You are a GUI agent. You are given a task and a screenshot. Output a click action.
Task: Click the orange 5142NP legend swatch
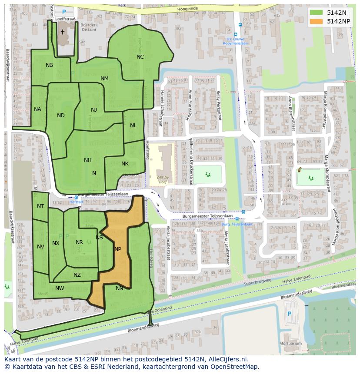pos(317,21)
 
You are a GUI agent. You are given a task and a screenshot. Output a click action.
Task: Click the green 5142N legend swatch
pos(317,13)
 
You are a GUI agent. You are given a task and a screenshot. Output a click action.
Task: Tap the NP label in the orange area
pos(117,249)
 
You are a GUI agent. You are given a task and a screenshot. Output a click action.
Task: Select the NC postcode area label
pos(140,57)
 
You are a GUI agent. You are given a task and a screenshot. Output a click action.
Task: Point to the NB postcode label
pos(49,65)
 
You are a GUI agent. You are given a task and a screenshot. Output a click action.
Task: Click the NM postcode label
pos(104,79)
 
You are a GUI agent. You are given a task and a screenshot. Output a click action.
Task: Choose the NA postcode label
pos(37,109)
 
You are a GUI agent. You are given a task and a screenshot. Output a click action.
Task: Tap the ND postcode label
pos(60,116)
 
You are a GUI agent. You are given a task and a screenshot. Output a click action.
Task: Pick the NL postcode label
pos(133,126)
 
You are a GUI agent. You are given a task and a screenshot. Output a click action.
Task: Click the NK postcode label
pos(125,164)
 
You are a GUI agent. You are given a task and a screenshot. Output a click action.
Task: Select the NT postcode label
pos(40,206)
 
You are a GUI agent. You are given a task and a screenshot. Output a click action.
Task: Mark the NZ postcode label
pos(77,275)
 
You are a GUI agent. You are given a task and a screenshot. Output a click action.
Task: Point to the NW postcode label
pos(60,288)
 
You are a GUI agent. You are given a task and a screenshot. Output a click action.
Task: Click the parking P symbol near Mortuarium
pos(290,314)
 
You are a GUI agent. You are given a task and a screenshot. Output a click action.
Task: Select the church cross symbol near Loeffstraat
pos(62,32)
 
